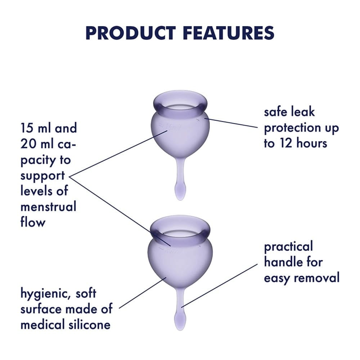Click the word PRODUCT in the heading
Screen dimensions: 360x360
tap(131, 32)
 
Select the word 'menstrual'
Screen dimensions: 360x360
tap(48, 207)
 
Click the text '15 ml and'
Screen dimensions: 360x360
tap(49, 128)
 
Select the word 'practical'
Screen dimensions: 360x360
tap(288, 247)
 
